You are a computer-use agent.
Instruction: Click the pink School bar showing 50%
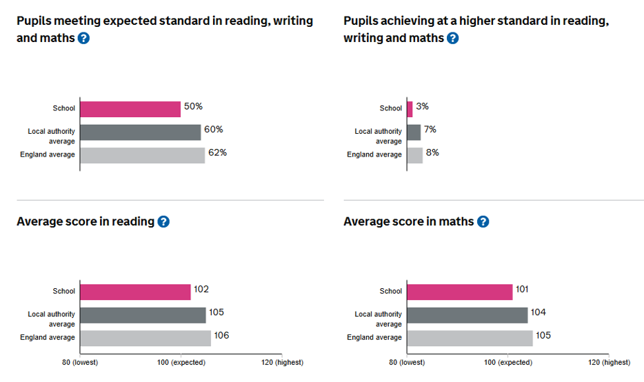pos(130,108)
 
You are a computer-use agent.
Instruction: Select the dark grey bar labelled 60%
pos(140,132)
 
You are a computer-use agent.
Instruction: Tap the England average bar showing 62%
pos(142,154)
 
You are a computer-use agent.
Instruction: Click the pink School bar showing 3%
pos(410,108)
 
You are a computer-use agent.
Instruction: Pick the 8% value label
pos(432,152)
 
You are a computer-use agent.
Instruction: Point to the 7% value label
pos(430,130)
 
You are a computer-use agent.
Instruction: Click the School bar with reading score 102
pos(135,292)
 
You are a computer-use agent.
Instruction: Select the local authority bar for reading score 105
pos(143,315)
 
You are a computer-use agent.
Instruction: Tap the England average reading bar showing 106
pos(145,338)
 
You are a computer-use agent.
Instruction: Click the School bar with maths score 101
pos(460,292)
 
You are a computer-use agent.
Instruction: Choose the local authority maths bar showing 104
pos(467,315)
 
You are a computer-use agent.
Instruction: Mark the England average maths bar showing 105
pos(470,338)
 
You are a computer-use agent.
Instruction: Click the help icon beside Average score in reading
pos(163,221)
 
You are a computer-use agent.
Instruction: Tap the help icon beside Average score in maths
pos(483,221)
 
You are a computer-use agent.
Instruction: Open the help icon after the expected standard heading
pos(83,38)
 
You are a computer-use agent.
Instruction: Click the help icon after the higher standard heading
pos(452,38)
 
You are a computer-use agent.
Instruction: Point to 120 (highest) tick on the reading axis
pos(282,362)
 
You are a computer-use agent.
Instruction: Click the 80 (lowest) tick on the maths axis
pos(407,362)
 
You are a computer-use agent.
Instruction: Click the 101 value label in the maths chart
pos(522,290)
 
